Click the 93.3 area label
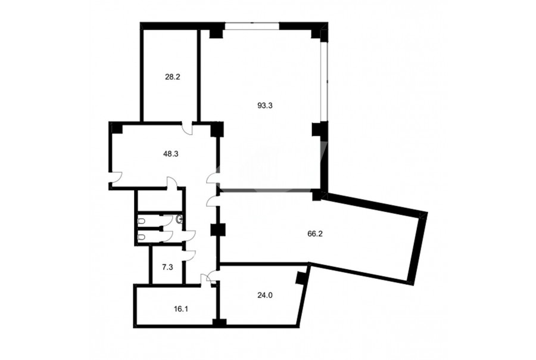point(264,105)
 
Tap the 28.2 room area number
point(172,77)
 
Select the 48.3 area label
point(170,154)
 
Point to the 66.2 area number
point(315,234)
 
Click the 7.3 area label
point(167,267)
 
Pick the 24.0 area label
point(264,295)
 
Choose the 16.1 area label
point(181,309)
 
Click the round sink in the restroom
point(179,219)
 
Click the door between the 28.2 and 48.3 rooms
point(188,128)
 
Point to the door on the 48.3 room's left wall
point(116,177)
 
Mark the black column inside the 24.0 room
point(301,278)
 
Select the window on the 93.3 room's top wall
point(252,26)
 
